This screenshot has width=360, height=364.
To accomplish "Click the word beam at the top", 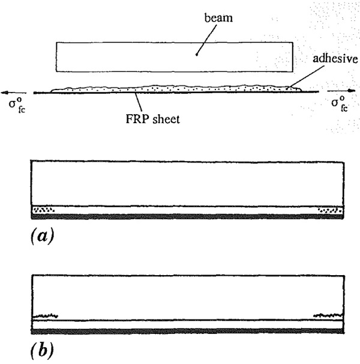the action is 218,17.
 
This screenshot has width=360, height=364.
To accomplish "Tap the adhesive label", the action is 335,58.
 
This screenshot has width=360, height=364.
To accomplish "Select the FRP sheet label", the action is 152,119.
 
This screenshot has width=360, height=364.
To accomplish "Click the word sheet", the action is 166,119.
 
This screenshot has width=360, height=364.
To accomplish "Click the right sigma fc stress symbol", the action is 340,103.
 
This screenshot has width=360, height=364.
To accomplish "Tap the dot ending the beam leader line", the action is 197,55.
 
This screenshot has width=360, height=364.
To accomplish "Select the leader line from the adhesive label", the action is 306,77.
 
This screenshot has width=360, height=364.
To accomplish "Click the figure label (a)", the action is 42,235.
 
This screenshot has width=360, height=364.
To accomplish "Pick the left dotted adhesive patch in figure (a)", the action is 43,210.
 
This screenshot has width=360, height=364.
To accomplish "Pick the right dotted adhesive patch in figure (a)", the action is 331,210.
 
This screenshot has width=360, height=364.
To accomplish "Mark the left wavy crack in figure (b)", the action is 45,316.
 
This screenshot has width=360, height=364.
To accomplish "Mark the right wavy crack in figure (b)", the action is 328,315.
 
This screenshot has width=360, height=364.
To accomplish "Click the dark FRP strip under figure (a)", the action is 187,217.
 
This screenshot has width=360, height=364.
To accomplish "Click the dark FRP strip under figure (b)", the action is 187,332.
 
